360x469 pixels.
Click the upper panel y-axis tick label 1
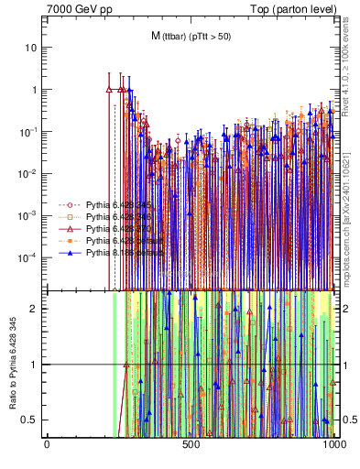[35, 90]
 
